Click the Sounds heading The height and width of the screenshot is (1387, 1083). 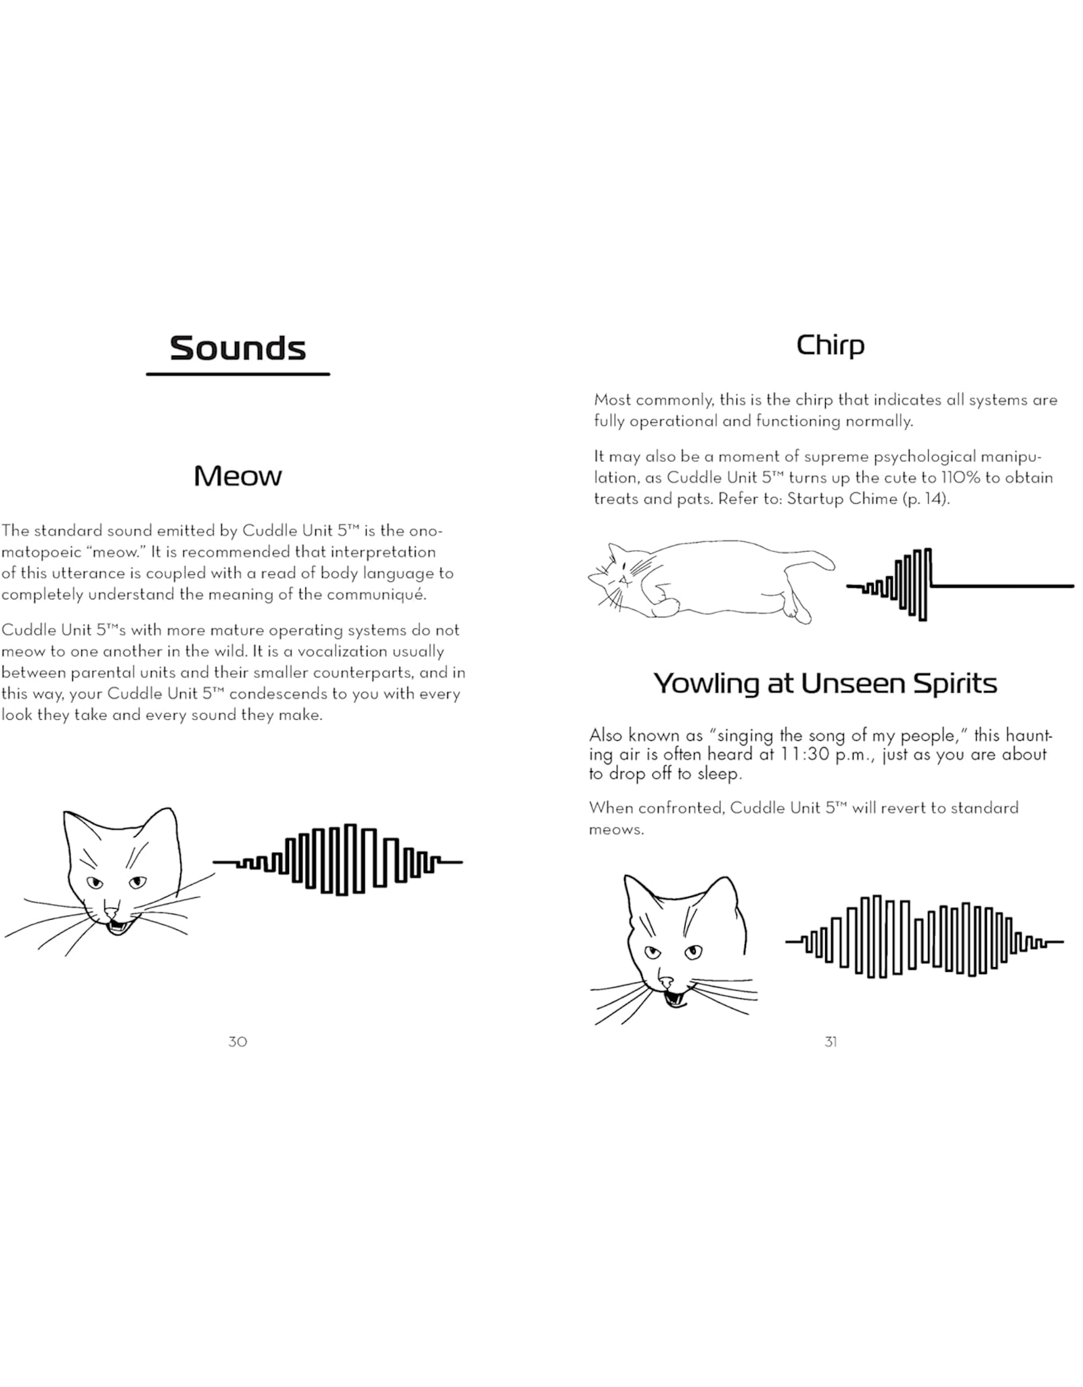click(x=238, y=348)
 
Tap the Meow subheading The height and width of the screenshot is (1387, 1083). click(x=238, y=476)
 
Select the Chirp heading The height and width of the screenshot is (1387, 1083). click(x=831, y=345)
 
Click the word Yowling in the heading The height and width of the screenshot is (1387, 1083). click(x=707, y=683)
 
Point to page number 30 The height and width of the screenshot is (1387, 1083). click(x=238, y=1042)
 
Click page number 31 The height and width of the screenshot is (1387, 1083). click(x=831, y=1042)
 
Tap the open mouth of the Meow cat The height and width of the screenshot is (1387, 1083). click(x=118, y=925)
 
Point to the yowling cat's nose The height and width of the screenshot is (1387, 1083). click(x=666, y=981)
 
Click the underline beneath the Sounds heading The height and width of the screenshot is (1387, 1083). click(x=238, y=374)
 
